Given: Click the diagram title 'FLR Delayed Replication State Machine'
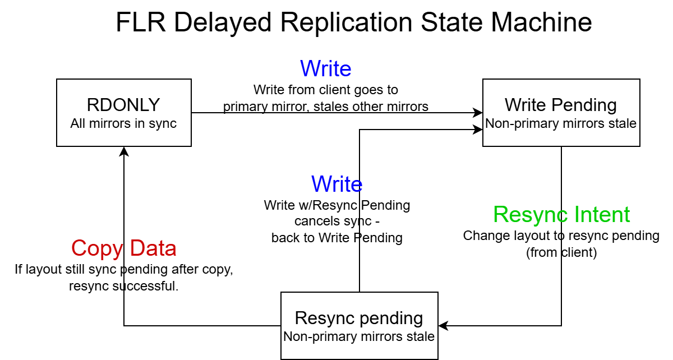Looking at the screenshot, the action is pyautogui.click(x=354, y=22).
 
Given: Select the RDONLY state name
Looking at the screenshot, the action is pyautogui.click(x=123, y=105).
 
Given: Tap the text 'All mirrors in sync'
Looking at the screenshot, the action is pyautogui.click(x=123, y=123).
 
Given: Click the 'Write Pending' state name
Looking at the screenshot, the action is pyautogui.click(x=561, y=105).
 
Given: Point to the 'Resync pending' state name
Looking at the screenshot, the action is pyautogui.click(x=359, y=319).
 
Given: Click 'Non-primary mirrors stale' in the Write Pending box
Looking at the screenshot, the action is pyautogui.click(x=561, y=123).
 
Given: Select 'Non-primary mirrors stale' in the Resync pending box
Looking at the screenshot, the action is pyautogui.click(x=359, y=336).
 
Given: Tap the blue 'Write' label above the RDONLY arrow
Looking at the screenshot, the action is pyautogui.click(x=326, y=68).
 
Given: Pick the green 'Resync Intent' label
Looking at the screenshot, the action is pyautogui.click(x=561, y=214).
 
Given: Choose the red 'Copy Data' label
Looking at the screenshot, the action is pyautogui.click(x=124, y=248).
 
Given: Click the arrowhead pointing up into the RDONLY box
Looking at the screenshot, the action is pyautogui.click(x=124, y=151).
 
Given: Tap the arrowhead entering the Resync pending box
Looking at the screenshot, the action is pyautogui.click(x=443, y=325).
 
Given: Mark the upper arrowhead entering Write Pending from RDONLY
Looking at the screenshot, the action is pyautogui.click(x=478, y=113).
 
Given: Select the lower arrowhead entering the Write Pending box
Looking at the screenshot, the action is pyautogui.click(x=478, y=130).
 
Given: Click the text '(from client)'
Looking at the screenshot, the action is pyautogui.click(x=561, y=252).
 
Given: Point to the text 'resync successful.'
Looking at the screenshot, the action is pyautogui.click(x=124, y=286).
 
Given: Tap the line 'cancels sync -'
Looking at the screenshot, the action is pyautogui.click(x=337, y=221).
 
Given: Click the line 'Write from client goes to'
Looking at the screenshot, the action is pyautogui.click(x=326, y=90).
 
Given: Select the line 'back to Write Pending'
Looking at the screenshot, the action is pyautogui.click(x=337, y=238).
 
